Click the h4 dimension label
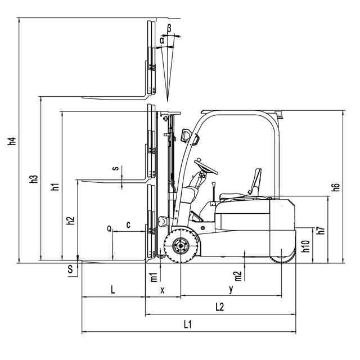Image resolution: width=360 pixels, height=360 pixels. pyautogui.click(x=12, y=141)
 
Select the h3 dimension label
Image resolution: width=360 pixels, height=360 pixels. pyautogui.click(x=34, y=179)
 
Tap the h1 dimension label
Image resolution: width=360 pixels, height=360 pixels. pyautogui.click(x=55, y=187)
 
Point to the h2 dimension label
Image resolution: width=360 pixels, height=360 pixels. pyautogui.click(x=71, y=220)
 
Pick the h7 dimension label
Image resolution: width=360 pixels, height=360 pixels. pyautogui.click(x=321, y=230)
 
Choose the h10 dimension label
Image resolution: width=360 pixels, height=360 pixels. pyautogui.click(x=305, y=246)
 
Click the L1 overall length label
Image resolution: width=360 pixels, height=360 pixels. pyautogui.click(x=187, y=324)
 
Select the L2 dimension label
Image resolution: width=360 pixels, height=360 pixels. pyautogui.click(x=220, y=307)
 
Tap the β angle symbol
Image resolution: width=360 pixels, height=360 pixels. pyautogui.click(x=169, y=29)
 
